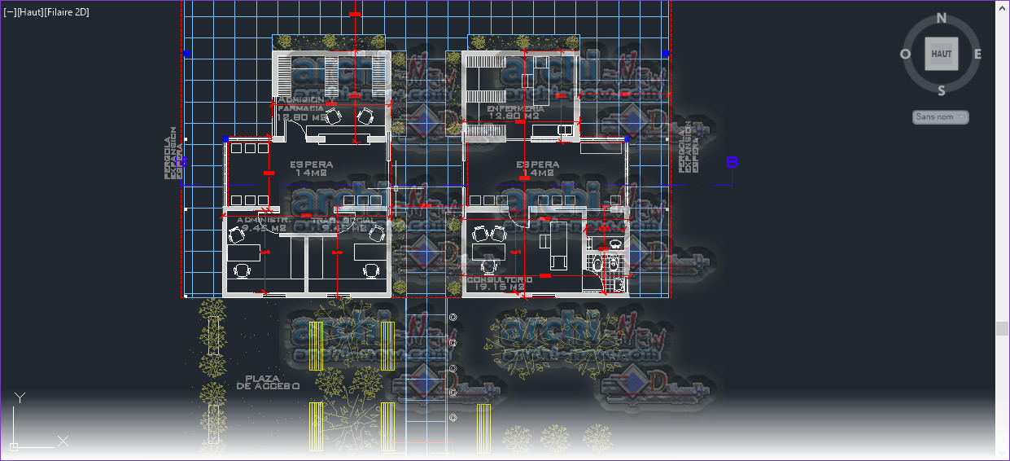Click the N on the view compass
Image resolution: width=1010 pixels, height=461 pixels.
(942, 18)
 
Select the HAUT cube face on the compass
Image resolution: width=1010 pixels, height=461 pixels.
(942, 54)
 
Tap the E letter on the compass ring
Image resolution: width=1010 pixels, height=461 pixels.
(977, 55)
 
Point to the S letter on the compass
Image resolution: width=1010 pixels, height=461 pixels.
(942, 90)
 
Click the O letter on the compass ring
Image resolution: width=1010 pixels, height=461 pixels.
(905, 55)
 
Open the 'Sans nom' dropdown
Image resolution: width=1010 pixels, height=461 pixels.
(941, 117)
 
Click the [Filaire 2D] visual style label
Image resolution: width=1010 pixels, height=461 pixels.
(68, 12)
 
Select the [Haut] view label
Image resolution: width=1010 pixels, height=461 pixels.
(31, 12)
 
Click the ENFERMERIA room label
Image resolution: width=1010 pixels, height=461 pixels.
(515, 108)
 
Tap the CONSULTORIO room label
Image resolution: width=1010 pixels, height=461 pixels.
(499, 279)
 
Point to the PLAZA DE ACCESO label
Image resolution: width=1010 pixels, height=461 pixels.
(269, 383)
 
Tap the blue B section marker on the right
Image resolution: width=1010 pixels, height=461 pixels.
(732, 162)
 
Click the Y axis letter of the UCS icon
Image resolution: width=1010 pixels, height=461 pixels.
(20, 397)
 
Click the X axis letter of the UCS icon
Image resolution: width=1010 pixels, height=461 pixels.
(63, 441)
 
